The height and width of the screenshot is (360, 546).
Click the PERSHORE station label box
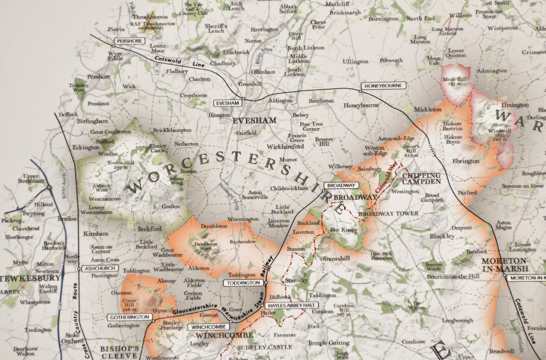tap(129, 41)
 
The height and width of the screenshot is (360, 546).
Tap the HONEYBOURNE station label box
tap(383, 86)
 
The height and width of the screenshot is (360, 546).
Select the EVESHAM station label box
tap(227, 103)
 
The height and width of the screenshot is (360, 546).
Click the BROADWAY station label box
tap(341, 185)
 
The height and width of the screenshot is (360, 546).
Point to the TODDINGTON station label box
tap(243, 283)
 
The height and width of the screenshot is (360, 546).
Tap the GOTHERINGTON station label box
tap(130, 317)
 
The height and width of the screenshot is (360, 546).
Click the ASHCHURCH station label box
tap(100, 268)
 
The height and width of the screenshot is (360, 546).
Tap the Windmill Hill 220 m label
tap(500, 135)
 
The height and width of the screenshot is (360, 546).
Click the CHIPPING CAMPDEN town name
tap(421, 179)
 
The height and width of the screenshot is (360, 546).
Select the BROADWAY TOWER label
tap(388, 213)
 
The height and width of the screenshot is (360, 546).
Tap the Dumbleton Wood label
tap(206, 246)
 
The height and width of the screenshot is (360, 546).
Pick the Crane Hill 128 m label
tap(129, 305)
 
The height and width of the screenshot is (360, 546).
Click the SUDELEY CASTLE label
tap(265, 347)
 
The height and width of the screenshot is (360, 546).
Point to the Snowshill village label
tap(336, 258)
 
